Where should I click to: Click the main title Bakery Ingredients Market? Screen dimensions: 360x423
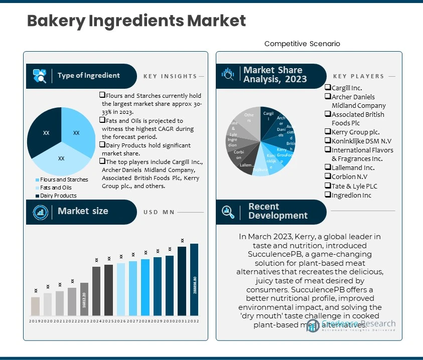[136, 21]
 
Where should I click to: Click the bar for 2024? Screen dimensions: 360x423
[96, 291]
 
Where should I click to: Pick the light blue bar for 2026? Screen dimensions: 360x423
[121, 289]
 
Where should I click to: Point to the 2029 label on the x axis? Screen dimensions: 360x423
[158, 321]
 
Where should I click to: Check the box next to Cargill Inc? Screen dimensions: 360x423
[328, 88]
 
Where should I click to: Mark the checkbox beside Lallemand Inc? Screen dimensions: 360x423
[328, 168]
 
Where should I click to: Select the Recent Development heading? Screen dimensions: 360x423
[277, 211]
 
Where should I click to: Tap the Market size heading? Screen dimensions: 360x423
[83, 211]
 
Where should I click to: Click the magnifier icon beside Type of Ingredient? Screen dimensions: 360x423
[40, 76]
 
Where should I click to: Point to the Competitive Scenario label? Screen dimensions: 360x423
[302, 44]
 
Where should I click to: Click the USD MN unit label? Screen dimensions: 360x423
[159, 212]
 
